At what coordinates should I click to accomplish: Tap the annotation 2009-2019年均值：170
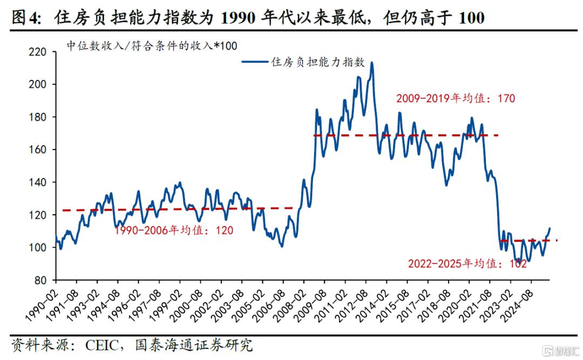pyautogui.click(x=456, y=98)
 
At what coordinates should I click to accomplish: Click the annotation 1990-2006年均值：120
pyautogui.click(x=174, y=230)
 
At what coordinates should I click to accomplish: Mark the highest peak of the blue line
pyautogui.click(x=371, y=63)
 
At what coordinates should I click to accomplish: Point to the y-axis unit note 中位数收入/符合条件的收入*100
pyautogui.click(x=152, y=46)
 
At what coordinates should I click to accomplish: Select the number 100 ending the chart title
pyautogui.click(x=471, y=18)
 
